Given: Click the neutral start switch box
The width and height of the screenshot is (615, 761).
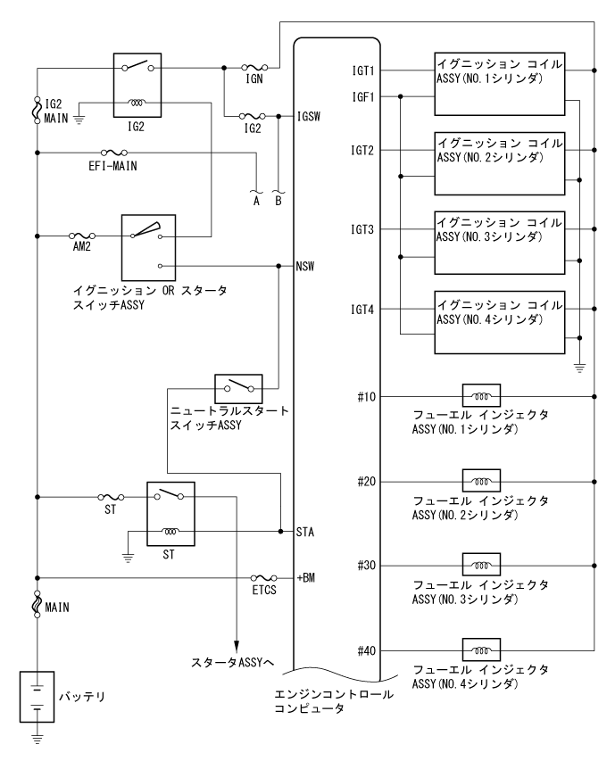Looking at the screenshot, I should [x=237, y=386].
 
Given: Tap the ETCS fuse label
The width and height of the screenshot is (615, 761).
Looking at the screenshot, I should [x=265, y=590].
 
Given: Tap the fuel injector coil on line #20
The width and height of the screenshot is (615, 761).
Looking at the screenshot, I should [x=479, y=481].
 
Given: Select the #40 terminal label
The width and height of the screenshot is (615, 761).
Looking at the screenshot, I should [x=364, y=650].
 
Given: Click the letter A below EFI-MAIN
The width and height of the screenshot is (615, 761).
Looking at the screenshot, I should [x=257, y=201].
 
